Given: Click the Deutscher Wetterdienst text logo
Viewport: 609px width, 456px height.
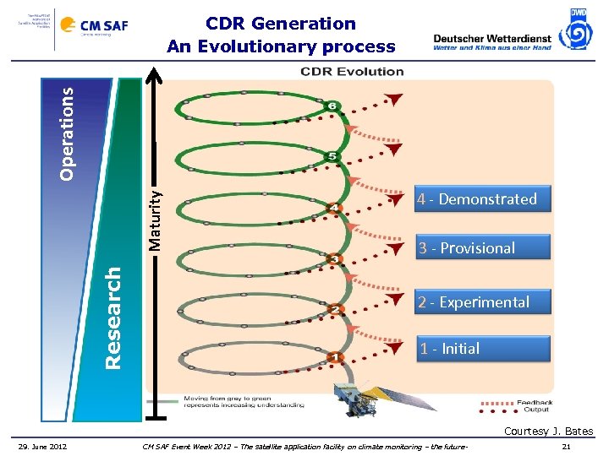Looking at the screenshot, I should tap(491, 42).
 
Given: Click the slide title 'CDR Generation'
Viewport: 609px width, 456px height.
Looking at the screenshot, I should tap(281, 24).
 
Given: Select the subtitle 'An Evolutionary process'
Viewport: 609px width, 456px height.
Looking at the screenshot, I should tap(281, 46).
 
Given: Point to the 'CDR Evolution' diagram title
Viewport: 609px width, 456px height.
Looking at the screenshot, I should tap(352, 71).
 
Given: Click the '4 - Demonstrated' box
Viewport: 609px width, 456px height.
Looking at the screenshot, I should tap(483, 199).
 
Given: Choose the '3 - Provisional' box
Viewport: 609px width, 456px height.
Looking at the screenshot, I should tap(483, 247).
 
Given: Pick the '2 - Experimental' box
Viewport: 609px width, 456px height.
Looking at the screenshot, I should tap(483, 302).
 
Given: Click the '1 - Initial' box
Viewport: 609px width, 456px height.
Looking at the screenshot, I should tap(483, 348).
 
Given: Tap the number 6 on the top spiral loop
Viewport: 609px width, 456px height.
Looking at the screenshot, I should tap(332, 106).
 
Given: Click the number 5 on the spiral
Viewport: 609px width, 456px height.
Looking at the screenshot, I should tap(332, 157).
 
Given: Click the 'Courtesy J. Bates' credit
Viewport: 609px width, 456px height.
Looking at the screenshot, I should tap(548, 432).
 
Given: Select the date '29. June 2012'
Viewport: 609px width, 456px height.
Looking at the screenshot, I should tap(44, 446).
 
